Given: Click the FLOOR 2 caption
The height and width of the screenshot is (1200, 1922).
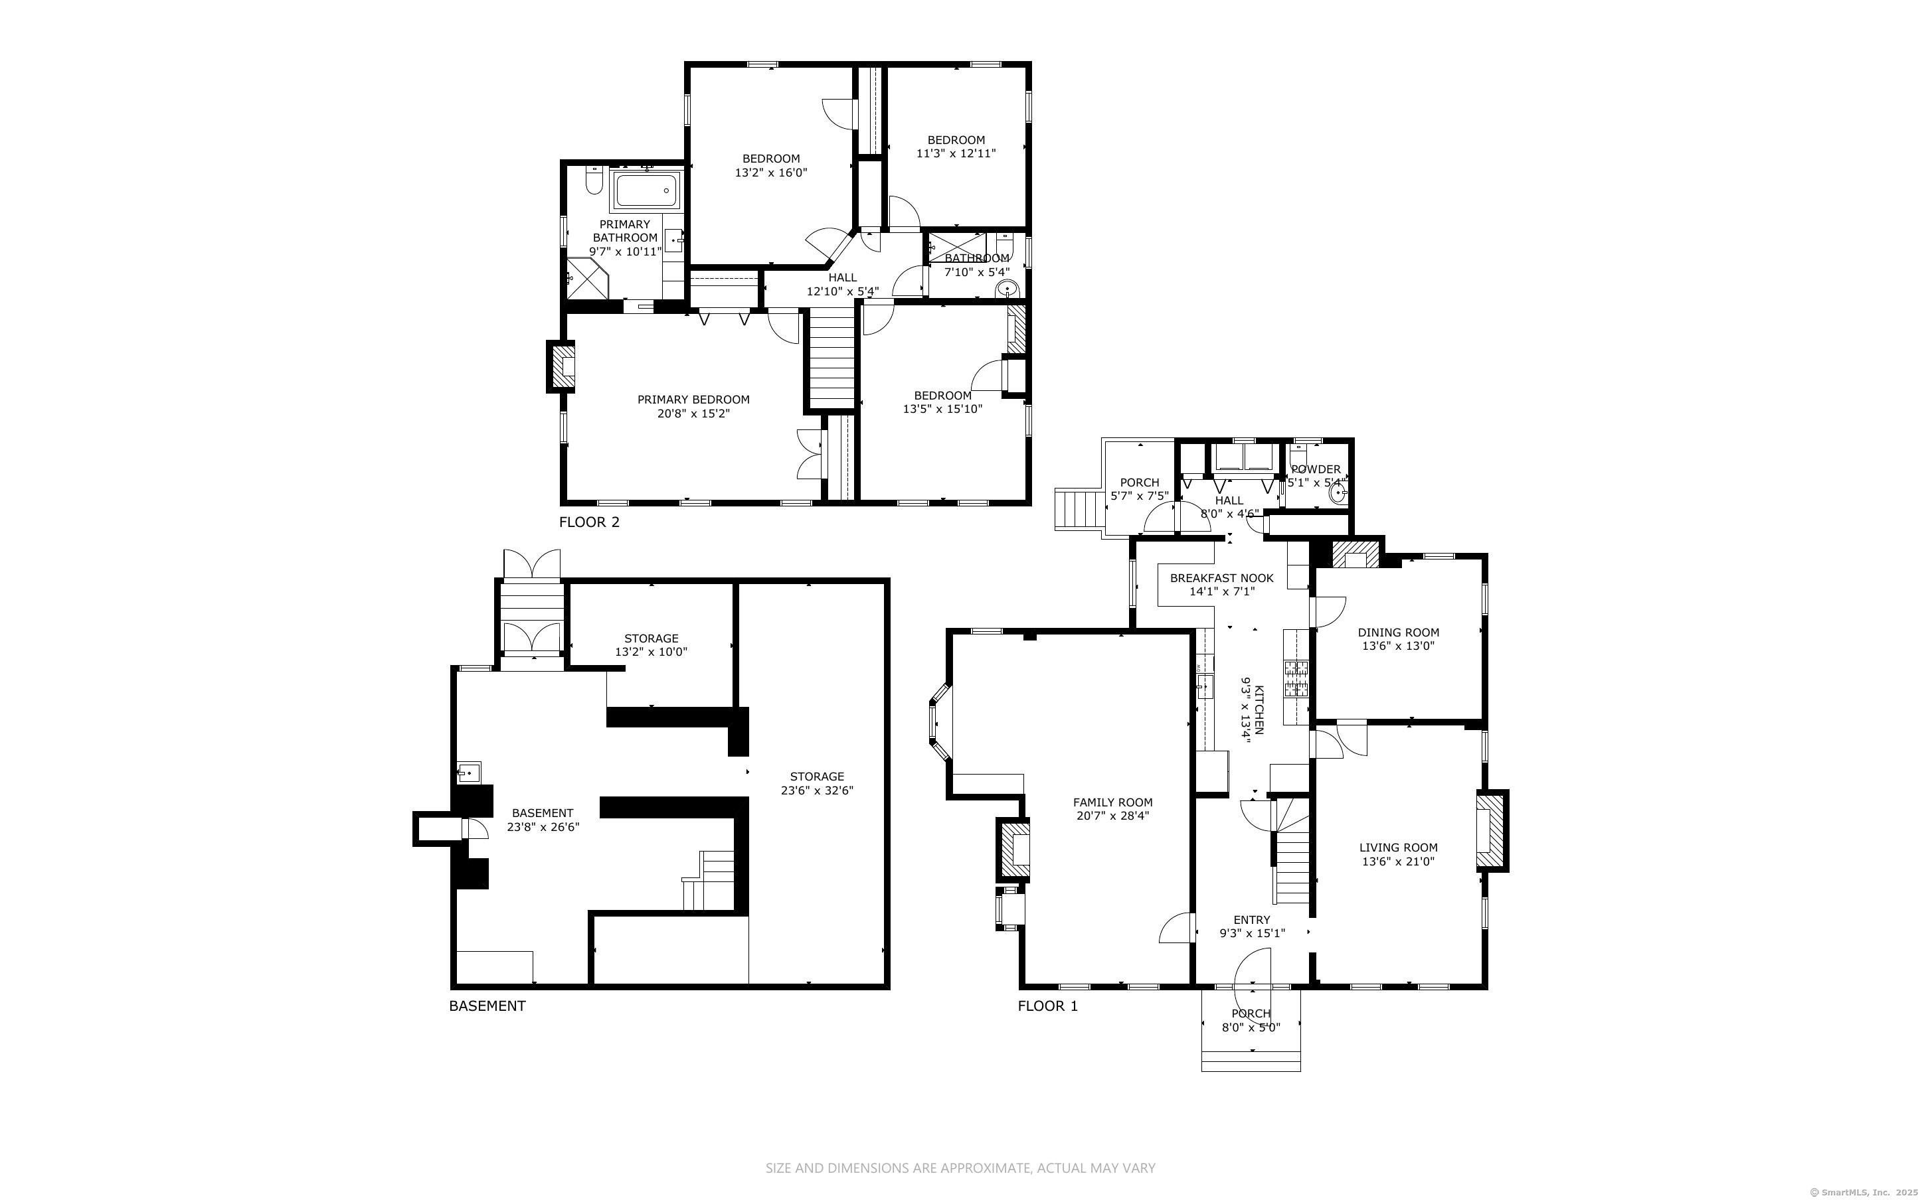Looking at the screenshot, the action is [589, 522].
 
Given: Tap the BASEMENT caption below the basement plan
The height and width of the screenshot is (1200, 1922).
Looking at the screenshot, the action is [487, 1006].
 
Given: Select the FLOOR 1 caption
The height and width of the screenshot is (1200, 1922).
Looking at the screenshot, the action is [1048, 1006].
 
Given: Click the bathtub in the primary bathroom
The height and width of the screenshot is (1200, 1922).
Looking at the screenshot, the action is [646, 190].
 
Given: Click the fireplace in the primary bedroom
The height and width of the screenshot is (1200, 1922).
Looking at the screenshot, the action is [562, 366].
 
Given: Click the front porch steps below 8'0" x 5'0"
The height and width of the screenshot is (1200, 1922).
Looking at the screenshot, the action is [1251, 1061].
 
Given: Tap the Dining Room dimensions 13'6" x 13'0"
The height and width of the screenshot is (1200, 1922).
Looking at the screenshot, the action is [1398, 646].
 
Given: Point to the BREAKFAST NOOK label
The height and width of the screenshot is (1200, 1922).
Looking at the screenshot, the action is [1222, 579].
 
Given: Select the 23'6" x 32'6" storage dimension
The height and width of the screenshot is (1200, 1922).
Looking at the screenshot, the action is [817, 790].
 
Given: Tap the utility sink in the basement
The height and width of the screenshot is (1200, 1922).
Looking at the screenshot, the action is [469, 772].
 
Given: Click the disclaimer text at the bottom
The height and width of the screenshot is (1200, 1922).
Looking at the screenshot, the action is [960, 1167].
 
